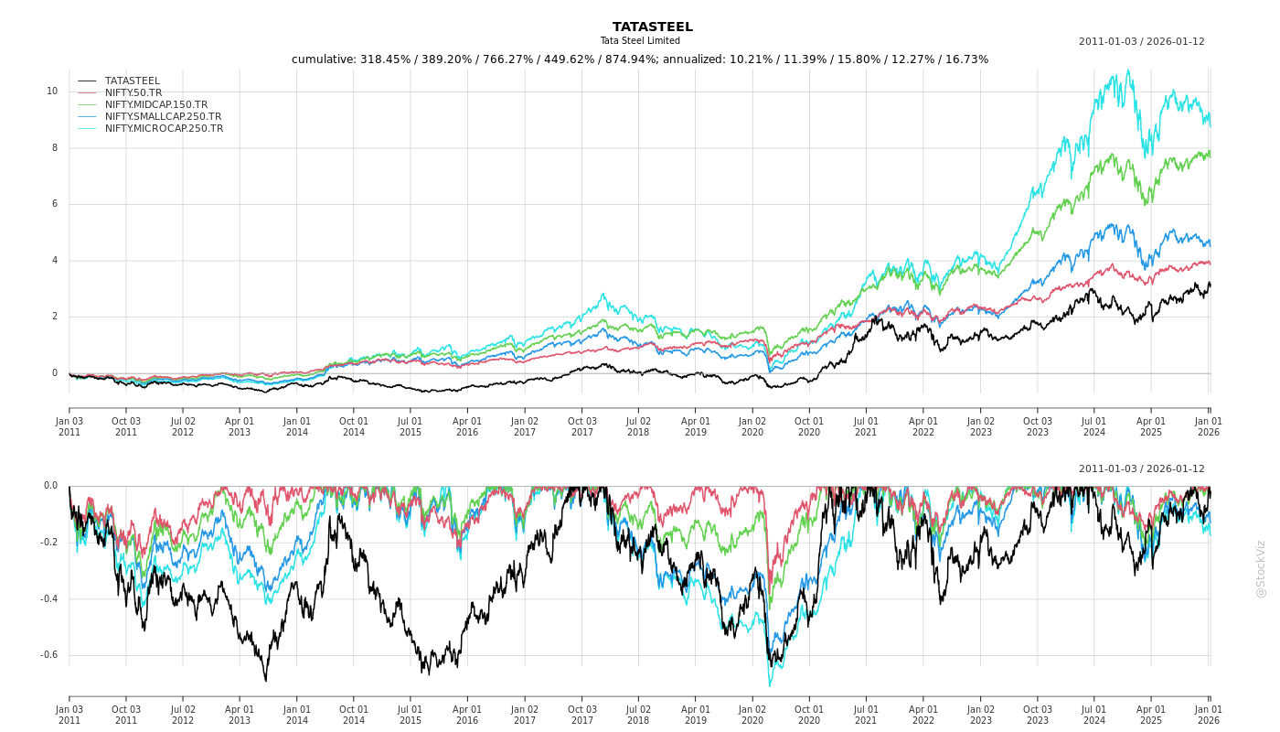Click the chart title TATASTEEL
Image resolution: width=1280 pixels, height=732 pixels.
tap(652, 27)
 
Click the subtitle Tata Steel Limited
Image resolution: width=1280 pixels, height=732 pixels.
tap(640, 41)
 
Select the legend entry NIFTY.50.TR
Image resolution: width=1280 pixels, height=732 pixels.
tap(133, 92)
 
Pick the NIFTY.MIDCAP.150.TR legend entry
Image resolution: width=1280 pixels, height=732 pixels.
tap(155, 104)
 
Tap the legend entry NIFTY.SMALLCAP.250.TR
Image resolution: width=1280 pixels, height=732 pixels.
tap(163, 116)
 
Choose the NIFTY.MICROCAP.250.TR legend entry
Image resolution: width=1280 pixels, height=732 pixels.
tap(164, 128)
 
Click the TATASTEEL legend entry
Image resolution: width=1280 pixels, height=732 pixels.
tap(132, 81)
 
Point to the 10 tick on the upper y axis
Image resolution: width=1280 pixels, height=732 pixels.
tap(52, 91)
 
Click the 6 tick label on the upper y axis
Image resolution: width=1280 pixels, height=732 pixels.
tap(54, 204)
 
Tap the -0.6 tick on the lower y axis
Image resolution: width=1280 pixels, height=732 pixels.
tap(48, 655)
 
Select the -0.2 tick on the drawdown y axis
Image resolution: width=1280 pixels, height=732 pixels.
tap(48, 543)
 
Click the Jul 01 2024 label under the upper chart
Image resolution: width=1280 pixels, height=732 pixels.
tap(1094, 426)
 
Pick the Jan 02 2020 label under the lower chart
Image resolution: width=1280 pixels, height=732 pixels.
tap(752, 715)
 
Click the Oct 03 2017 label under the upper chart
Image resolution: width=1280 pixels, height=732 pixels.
tap(581, 426)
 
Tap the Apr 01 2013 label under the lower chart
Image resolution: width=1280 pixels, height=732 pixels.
tap(240, 715)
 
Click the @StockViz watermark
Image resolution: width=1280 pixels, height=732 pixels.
tap(1261, 568)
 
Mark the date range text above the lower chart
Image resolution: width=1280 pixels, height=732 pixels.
tap(1141, 469)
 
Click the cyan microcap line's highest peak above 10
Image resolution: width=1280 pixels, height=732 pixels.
tap(1128, 70)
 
